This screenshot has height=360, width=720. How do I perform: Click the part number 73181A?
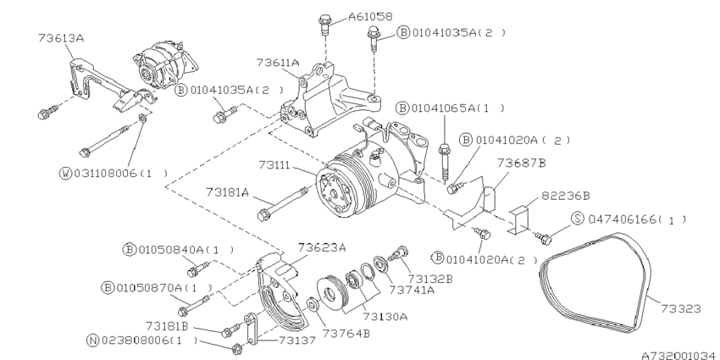228,192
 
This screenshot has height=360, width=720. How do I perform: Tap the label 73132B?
431,277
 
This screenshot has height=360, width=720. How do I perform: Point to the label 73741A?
412,289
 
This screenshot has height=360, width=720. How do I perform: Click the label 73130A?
385,315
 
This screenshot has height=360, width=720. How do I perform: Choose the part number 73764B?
349,333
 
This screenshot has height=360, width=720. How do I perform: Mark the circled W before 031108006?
64,173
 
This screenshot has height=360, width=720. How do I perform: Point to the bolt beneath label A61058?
325,25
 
